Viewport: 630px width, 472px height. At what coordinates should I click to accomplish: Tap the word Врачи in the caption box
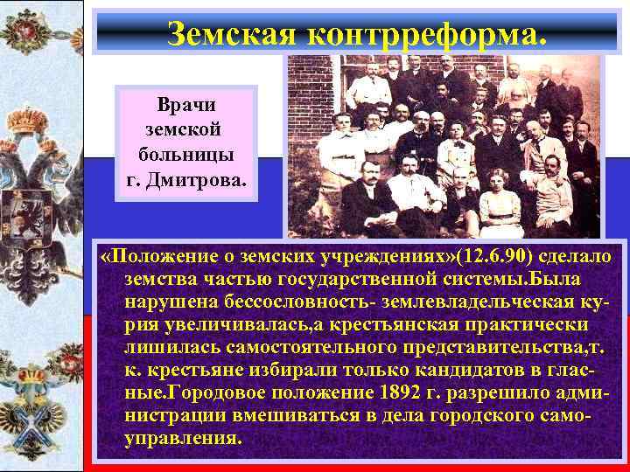[x=186, y=105]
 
